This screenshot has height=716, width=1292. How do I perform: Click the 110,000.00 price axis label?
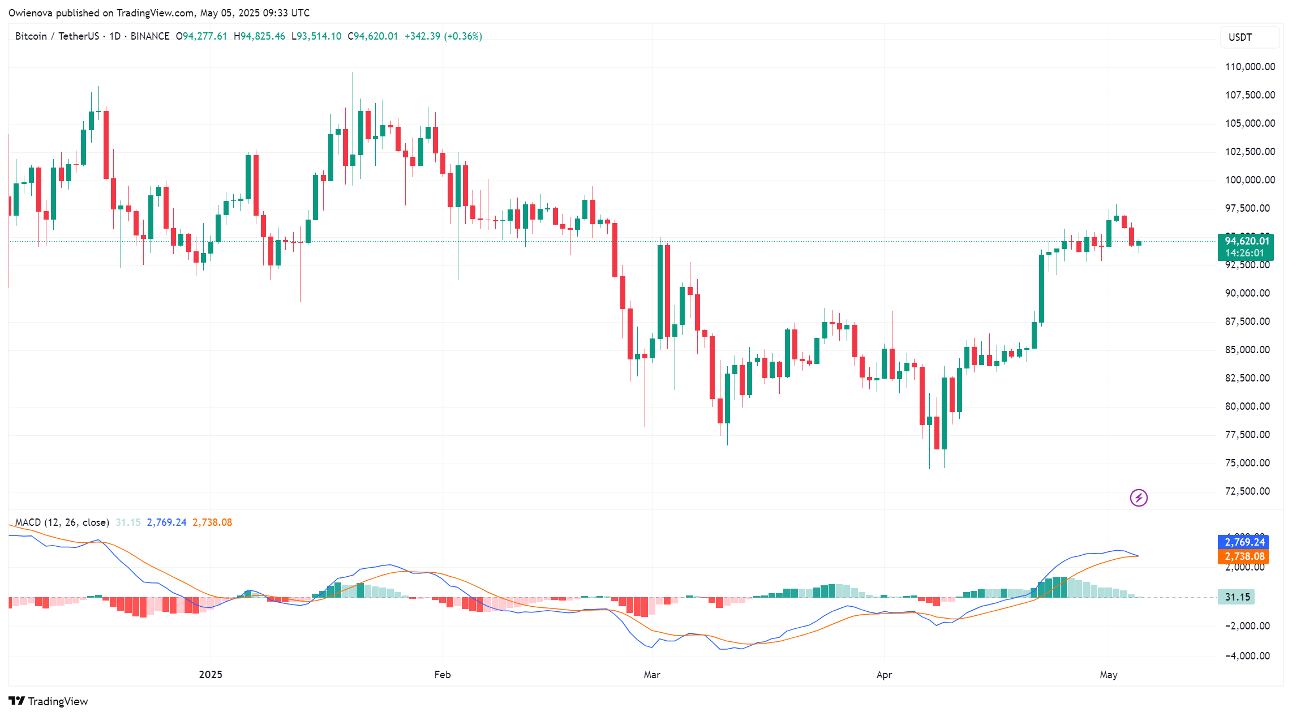1250,67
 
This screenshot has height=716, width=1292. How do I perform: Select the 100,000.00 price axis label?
1250,180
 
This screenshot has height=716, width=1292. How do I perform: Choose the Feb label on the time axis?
442,674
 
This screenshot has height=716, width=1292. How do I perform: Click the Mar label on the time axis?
652,674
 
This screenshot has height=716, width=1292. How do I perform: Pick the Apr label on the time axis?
883,674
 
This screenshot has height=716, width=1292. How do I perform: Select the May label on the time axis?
1108,674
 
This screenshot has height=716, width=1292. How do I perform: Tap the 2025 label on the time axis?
211,674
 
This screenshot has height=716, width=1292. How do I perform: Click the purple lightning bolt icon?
1139,498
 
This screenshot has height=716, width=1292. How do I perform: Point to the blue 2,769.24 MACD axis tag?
1243,542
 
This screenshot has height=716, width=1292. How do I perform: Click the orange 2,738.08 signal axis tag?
1243,556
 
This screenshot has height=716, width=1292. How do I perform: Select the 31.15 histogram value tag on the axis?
1237,597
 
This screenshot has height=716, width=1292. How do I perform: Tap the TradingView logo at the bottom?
49,701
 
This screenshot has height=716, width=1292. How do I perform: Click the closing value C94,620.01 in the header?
372,36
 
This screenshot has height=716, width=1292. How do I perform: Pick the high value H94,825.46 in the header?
259,36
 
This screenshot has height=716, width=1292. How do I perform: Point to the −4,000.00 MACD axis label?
1247,656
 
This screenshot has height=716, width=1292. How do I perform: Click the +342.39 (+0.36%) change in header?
443,36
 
